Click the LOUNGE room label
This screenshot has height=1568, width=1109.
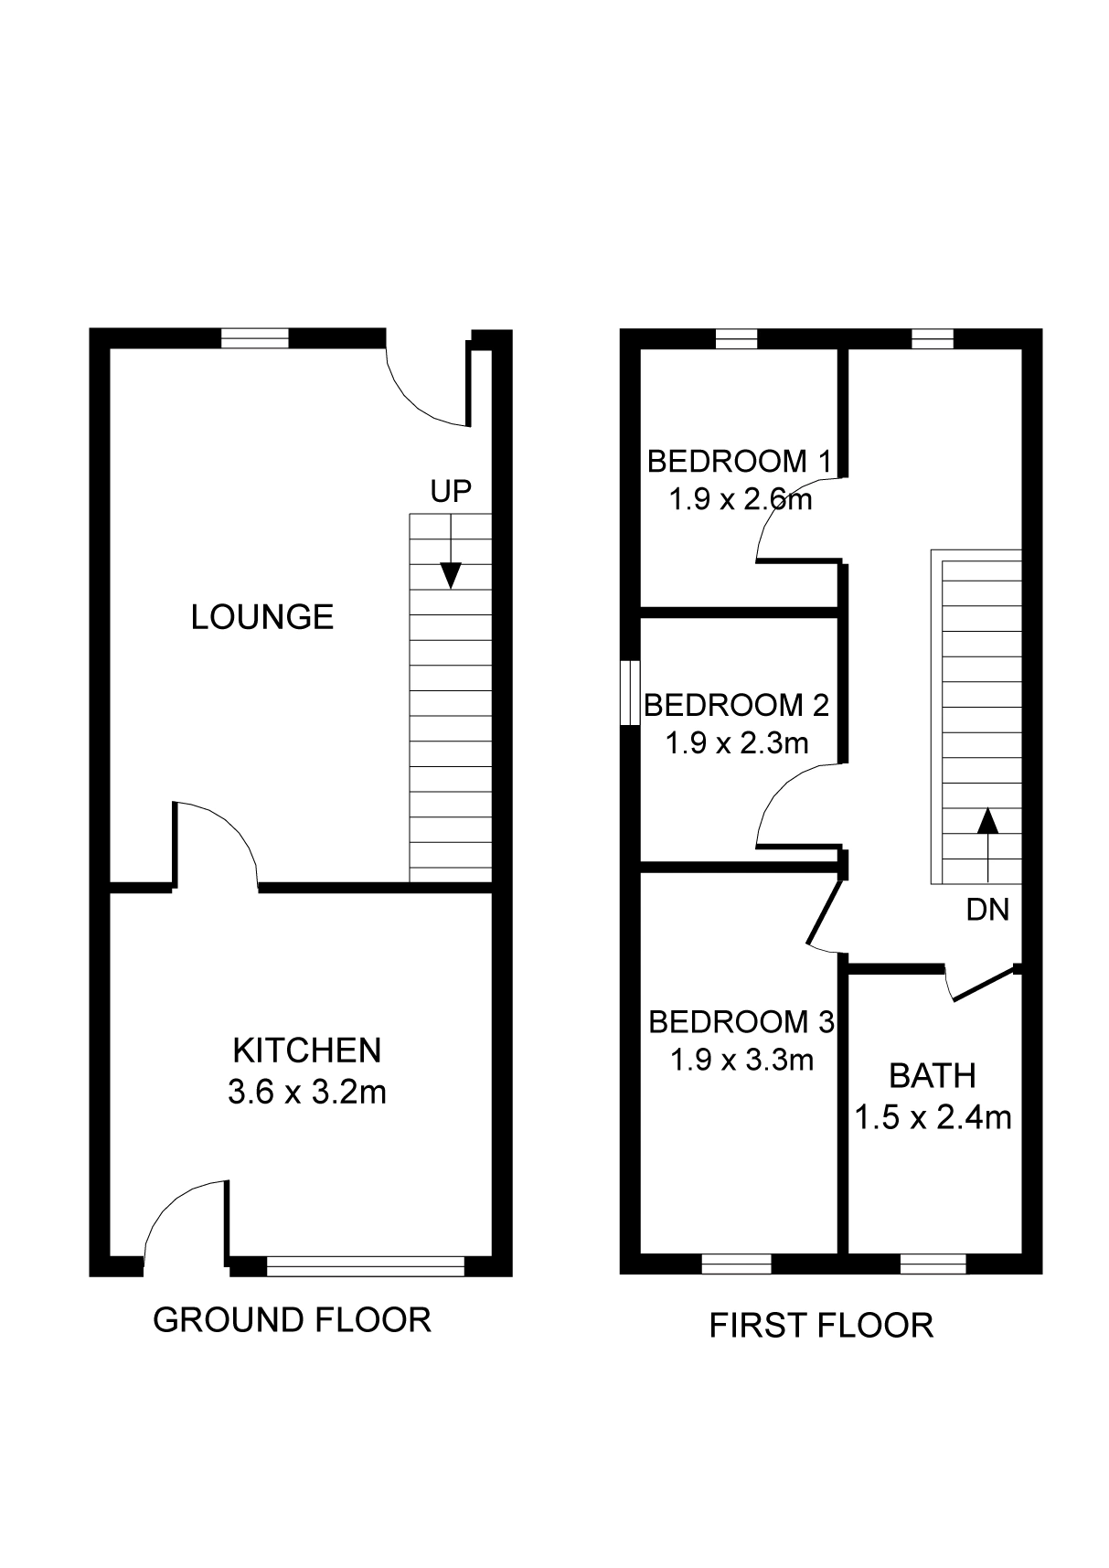[x=262, y=617]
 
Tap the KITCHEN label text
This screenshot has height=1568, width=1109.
[x=307, y=1051]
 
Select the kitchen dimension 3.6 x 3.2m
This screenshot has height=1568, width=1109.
[x=307, y=1093]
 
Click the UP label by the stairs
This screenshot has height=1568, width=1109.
[x=451, y=491]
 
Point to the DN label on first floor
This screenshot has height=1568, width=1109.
[x=987, y=910]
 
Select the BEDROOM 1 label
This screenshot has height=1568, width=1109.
[x=740, y=461]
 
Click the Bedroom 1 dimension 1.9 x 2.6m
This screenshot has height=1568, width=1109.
[x=741, y=501]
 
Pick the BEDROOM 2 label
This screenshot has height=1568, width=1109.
[x=737, y=705]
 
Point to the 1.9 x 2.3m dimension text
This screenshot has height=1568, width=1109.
[x=737, y=743]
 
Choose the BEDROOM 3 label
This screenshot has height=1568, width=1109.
[x=741, y=1021]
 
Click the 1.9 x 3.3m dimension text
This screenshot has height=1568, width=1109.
[x=741, y=1060]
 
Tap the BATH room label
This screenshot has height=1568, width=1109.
[x=933, y=1076]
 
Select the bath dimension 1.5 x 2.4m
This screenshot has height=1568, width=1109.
[x=933, y=1117]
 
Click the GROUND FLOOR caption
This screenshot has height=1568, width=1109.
[x=292, y=1320]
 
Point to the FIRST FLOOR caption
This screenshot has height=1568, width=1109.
[x=822, y=1325]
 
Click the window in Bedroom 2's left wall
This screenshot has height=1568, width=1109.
[x=630, y=693]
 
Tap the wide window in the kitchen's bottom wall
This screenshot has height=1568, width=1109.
[x=366, y=1265]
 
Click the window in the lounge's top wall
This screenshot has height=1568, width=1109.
[x=255, y=338]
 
